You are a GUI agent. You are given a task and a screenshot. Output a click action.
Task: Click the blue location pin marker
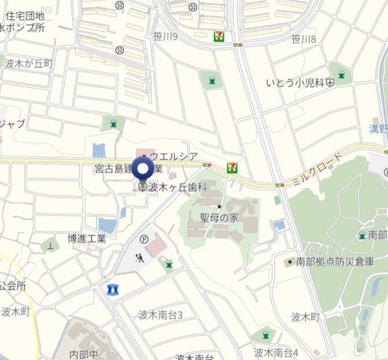point(143,169)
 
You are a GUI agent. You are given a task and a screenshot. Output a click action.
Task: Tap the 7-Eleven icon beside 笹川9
point(219,36)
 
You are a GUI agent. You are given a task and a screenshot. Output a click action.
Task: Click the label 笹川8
point(304,39)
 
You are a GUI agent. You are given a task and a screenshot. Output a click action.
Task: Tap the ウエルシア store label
point(173,156)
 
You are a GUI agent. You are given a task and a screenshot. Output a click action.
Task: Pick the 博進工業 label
point(87,238)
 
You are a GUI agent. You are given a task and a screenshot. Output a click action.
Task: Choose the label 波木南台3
point(161,315)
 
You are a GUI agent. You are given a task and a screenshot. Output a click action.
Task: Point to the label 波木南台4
point(276,352)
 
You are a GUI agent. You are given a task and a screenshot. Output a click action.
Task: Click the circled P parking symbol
point(143,238)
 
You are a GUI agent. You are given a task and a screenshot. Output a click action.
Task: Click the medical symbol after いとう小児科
point(330,83)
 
